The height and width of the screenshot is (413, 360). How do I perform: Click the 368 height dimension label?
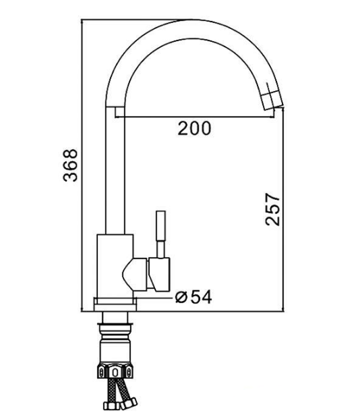(71, 165)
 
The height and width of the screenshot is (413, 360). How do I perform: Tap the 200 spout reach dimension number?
(194, 128)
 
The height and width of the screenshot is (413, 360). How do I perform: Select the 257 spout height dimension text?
(272, 209)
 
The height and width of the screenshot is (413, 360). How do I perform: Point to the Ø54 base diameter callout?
(193, 297)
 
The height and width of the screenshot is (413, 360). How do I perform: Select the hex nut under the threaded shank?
(115, 372)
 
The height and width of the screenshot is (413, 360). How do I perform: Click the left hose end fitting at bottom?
(109, 406)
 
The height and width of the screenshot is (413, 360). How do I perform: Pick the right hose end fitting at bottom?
(129, 404)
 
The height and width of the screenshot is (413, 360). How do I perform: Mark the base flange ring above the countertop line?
(115, 304)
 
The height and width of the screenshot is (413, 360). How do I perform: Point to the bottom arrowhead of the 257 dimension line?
(283, 308)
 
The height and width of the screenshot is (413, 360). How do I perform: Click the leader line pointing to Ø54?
(155, 298)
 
